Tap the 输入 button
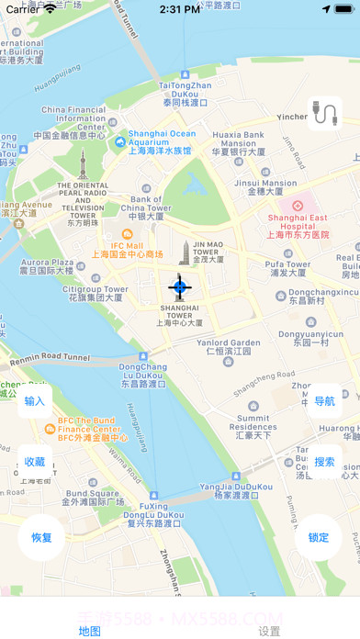coord(35,401)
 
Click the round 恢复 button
coord(41,537)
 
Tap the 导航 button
coord(324,401)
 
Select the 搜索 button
coord(324,462)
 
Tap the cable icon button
coord(324,113)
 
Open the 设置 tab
coord(269,631)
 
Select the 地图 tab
coord(90,631)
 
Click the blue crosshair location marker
coord(180,287)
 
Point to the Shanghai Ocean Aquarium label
coord(162,141)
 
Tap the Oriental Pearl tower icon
coord(81,168)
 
